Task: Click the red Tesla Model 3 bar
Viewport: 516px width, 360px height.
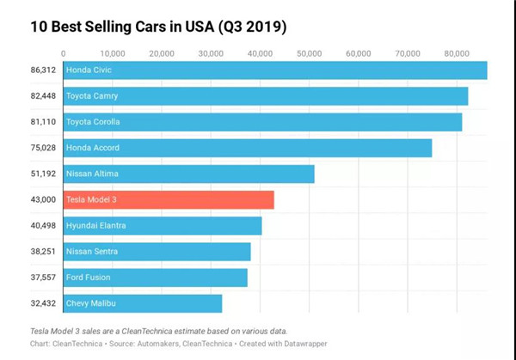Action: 169,199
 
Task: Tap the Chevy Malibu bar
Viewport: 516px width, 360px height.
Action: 143,303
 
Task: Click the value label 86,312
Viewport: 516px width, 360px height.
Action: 41,70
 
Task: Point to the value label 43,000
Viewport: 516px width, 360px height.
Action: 41,199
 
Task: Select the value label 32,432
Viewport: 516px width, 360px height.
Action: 41,303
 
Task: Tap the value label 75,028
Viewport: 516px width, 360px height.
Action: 41,148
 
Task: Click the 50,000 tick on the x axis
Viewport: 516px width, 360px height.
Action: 310,52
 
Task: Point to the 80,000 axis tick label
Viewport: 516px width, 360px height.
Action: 457,52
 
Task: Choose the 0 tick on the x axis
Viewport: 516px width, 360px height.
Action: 64,52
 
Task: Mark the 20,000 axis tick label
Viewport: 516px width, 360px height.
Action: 162,52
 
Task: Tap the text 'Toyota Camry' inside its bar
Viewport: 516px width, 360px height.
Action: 92,95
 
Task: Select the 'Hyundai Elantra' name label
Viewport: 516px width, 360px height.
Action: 97,225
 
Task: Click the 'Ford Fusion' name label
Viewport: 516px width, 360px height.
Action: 89,278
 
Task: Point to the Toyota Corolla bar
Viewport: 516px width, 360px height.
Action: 262,121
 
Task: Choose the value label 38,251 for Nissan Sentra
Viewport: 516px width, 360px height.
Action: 41,252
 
